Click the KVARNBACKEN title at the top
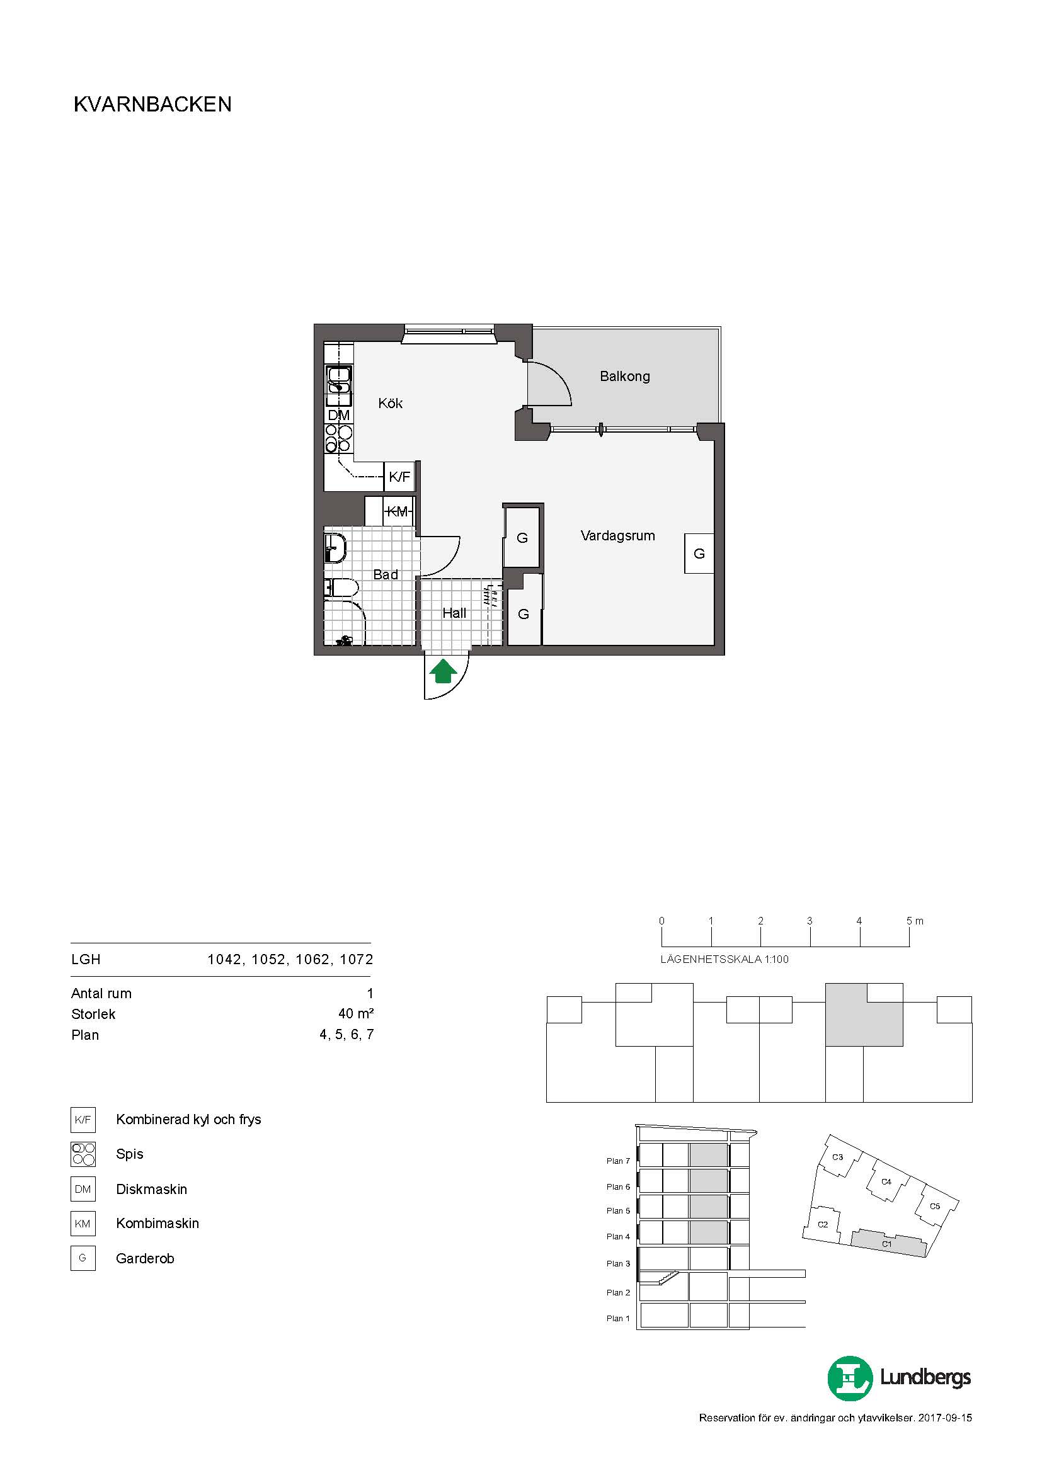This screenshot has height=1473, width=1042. click(152, 105)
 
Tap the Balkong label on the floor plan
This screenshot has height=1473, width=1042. click(624, 377)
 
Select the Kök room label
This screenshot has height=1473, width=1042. click(390, 403)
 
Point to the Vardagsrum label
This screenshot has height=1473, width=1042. click(617, 535)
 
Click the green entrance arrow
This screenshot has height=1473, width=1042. click(443, 672)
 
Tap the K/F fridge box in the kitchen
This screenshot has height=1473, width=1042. click(399, 477)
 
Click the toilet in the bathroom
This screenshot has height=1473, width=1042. click(340, 587)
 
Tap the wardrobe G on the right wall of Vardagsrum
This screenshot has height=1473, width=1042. click(699, 554)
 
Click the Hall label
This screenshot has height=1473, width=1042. click(454, 613)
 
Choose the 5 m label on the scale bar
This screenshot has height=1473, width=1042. click(915, 921)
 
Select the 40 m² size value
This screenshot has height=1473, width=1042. click(356, 1014)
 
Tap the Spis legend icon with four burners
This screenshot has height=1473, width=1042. click(83, 1154)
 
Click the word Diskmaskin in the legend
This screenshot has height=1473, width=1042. click(151, 1189)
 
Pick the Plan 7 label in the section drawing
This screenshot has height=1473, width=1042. click(618, 1161)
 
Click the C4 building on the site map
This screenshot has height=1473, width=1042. click(886, 1181)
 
